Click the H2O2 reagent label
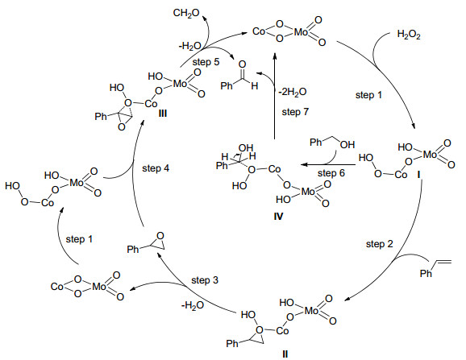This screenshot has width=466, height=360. (x=409, y=35)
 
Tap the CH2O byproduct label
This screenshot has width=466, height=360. (x=186, y=14)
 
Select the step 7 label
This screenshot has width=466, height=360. (x=295, y=112)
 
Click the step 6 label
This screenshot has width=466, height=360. (x=331, y=172)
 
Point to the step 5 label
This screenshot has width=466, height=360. (x=206, y=62)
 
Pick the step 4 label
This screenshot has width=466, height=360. (x=156, y=168)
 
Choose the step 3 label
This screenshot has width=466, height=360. (x=205, y=280)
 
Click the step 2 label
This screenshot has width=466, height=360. (x=379, y=244)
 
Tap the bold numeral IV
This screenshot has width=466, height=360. (x=278, y=217)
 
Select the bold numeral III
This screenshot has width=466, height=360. (x=163, y=114)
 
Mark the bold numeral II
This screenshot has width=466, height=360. (x=285, y=354)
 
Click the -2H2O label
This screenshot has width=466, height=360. (x=292, y=92)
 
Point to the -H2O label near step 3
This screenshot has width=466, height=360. (x=193, y=305)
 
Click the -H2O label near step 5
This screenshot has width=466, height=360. (x=190, y=46)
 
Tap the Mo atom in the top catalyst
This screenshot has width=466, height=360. (x=301, y=31)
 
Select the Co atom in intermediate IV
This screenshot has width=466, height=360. (x=274, y=169)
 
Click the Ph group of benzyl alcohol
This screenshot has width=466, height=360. (x=316, y=143)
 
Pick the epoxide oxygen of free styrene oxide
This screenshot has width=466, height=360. (x=160, y=236)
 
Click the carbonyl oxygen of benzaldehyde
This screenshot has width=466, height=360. (x=242, y=64)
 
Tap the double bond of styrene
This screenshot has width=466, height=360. (x=443, y=262)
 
